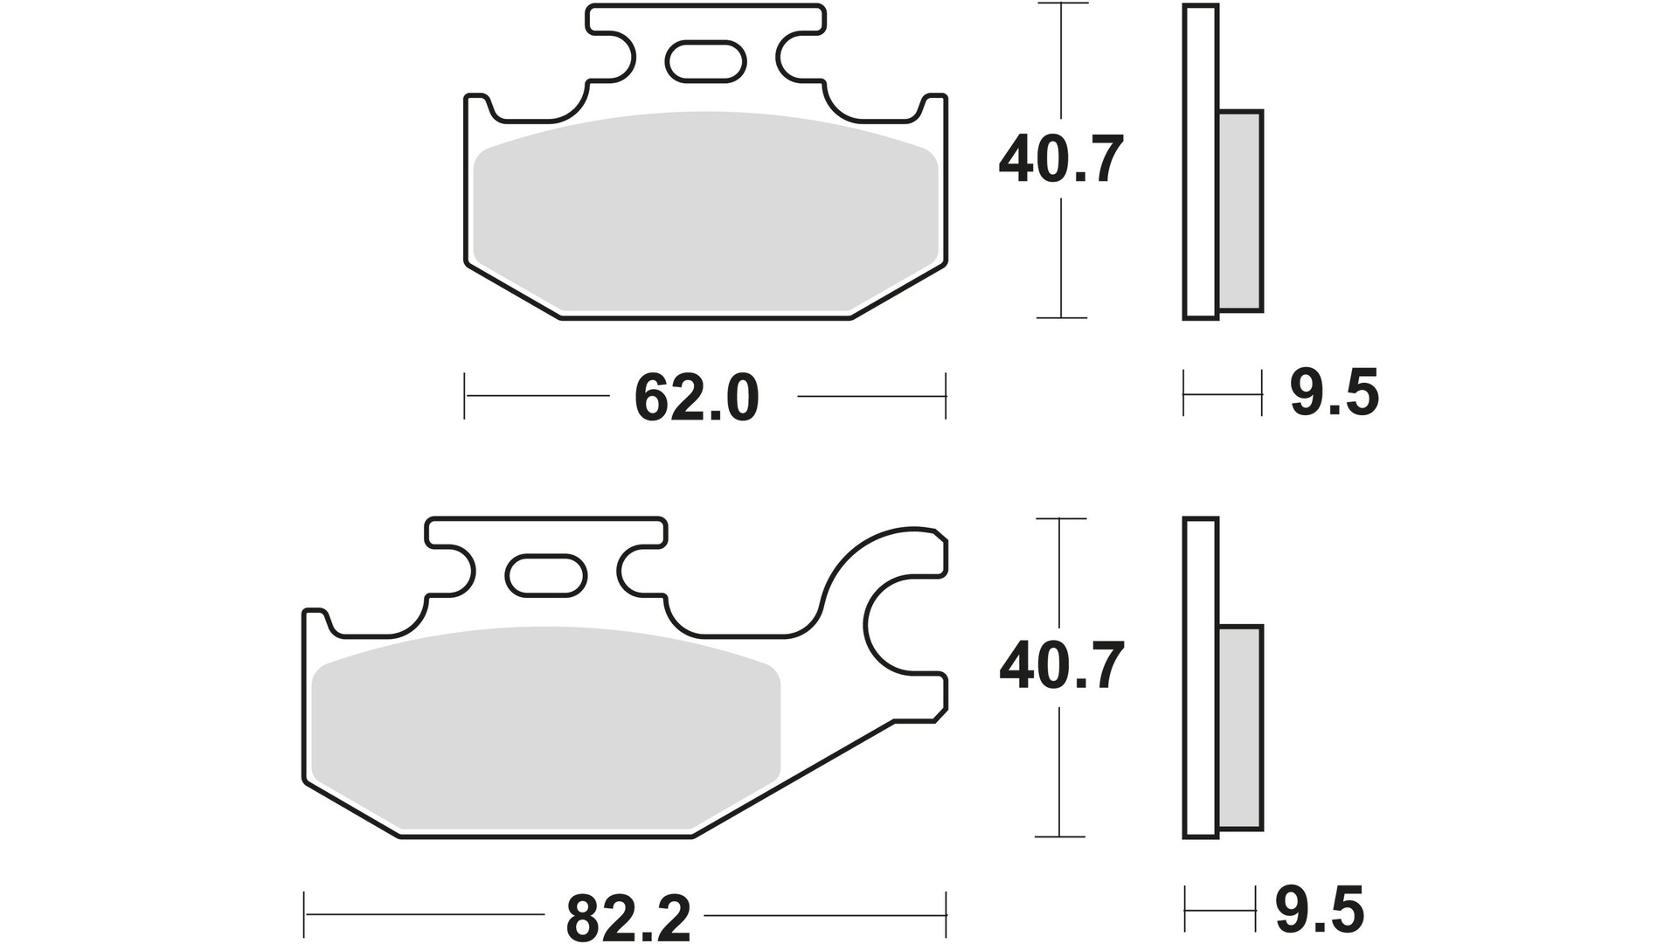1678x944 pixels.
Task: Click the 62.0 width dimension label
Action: click(697, 399)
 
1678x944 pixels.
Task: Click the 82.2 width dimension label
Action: click(628, 917)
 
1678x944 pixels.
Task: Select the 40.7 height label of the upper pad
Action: click(1060, 160)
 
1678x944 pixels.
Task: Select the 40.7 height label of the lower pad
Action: click(1060, 667)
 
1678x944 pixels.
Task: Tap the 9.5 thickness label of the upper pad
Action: click(1334, 393)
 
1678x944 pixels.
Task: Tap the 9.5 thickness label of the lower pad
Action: click(1319, 911)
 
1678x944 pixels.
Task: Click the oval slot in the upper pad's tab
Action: click(705, 61)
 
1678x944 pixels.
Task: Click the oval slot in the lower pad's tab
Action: click(546, 575)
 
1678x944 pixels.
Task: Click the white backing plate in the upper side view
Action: click(1200, 162)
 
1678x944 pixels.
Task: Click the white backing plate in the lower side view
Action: click(1200, 682)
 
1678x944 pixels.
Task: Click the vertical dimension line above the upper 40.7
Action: click(1060, 61)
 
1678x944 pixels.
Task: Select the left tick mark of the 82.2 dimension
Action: click(304, 916)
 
